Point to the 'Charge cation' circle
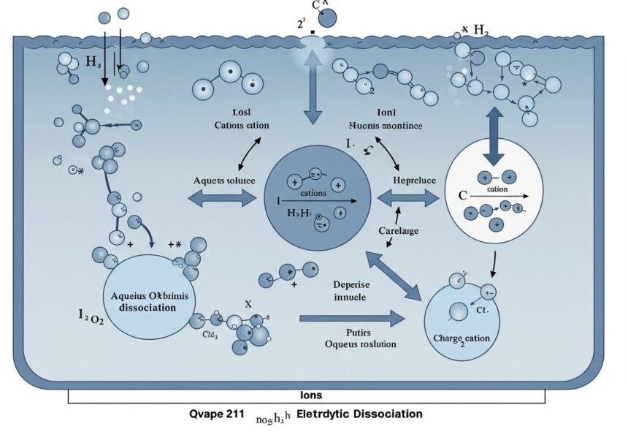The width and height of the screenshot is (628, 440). (462, 321)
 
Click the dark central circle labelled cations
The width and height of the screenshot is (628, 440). (317, 197)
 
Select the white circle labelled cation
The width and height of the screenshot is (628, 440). (497, 191)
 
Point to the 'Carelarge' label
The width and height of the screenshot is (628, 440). (399, 231)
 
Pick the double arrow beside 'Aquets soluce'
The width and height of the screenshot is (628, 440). (223, 198)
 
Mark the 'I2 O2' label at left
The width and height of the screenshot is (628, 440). (91, 316)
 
